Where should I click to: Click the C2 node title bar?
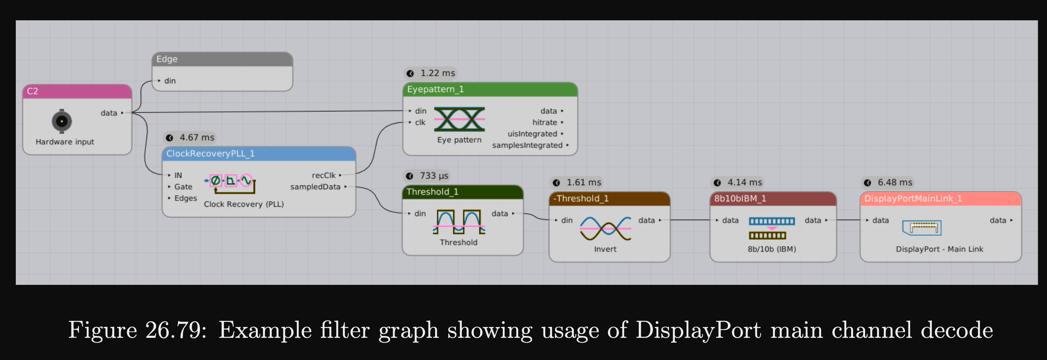coord(77,91)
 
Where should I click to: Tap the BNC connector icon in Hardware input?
coord(62,121)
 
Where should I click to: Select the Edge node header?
coord(222,59)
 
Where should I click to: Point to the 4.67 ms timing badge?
coord(190,137)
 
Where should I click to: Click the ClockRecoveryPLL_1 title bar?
coord(259,154)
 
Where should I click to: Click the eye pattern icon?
coord(459,119)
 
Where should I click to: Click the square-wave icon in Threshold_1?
coord(459,221)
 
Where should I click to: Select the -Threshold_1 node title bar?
coord(609,199)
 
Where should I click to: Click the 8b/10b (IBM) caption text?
coord(772,249)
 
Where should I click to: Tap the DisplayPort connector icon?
coord(921,228)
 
